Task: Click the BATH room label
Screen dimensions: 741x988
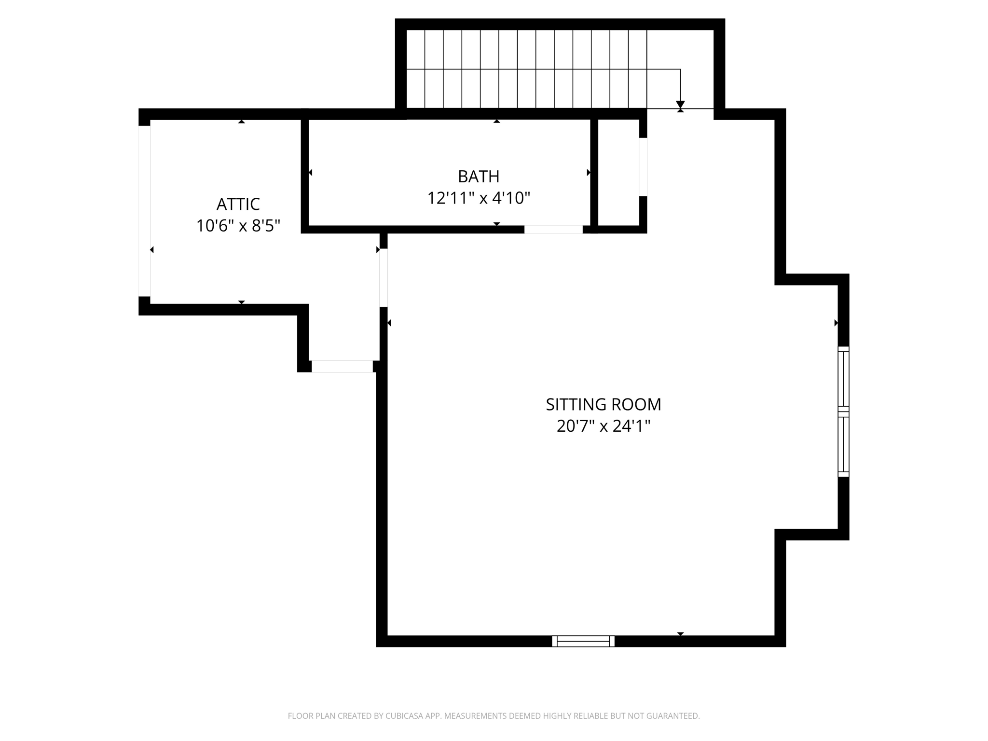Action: pyautogui.click(x=478, y=177)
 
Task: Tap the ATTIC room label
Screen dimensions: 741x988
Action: pyautogui.click(x=238, y=204)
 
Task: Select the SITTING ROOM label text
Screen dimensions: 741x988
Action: pyautogui.click(x=603, y=404)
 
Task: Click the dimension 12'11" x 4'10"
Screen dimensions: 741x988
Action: pyautogui.click(x=479, y=198)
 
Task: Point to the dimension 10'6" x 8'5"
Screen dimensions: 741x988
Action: pyautogui.click(x=238, y=226)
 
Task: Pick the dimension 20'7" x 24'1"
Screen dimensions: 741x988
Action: pyautogui.click(x=603, y=426)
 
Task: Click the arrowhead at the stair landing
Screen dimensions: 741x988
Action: pyautogui.click(x=680, y=105)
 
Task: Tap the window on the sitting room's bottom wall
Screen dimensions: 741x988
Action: pyautogui.click(x=583, y=641)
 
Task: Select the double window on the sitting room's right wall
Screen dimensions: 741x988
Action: pyautogui.click(x=843, y=412)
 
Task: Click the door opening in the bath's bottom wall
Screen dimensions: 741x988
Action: pyautogui.click(x=553, y=230)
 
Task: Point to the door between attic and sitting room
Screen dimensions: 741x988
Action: pyautogui.click(x=384, y=277)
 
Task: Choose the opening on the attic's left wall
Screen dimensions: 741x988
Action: pyautogui.click(x=144, y=211)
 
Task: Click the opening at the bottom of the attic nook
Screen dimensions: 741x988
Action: pyautogui.click(x=342, y=367)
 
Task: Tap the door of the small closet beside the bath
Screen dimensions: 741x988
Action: pyautogui.click(x=643, y=167)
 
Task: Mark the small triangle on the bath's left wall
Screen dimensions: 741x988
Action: pyautogui.click(x=310, y=172)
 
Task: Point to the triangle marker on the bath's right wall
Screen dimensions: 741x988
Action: pyautogui.click(x=589, y=172)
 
